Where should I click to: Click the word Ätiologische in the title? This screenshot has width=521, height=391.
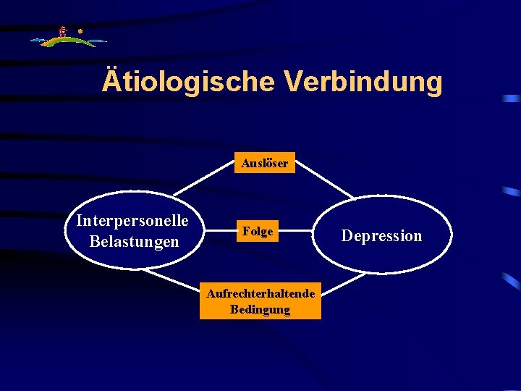click(x=189, y=82)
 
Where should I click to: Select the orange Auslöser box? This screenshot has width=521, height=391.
click(x=264, y=163)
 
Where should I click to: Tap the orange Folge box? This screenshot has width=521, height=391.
click(x=258, y=231)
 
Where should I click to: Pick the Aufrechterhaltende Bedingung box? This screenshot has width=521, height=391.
click(x=260, y=301)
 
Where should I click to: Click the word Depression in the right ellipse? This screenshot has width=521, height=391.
click(x=381, y=236)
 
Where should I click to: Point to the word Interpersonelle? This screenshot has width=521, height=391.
click(x=132, y=220)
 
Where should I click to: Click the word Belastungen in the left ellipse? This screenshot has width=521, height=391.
click(x=134, y=241)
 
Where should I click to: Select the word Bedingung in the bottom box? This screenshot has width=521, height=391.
click(x=260, y=310)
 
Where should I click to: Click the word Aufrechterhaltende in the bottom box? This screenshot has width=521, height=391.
click(x=260, y=293)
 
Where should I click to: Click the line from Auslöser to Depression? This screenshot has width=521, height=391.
click(x=325, y=178)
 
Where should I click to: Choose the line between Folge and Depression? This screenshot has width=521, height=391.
click(x=297, y=232)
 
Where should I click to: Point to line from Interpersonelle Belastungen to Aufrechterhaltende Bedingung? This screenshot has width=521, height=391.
click(x=174, y=280)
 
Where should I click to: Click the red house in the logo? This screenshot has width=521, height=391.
click(x=63, y=32)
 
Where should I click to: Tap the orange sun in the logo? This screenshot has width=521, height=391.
click(x=80, y=32)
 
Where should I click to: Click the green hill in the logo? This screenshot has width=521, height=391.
click(x=65, y=42)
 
